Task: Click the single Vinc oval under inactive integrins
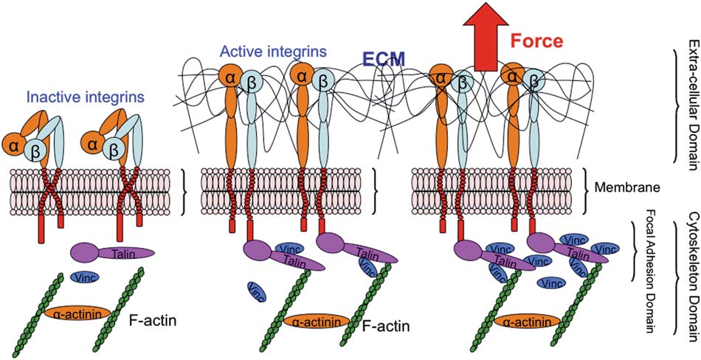coord(85,277)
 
